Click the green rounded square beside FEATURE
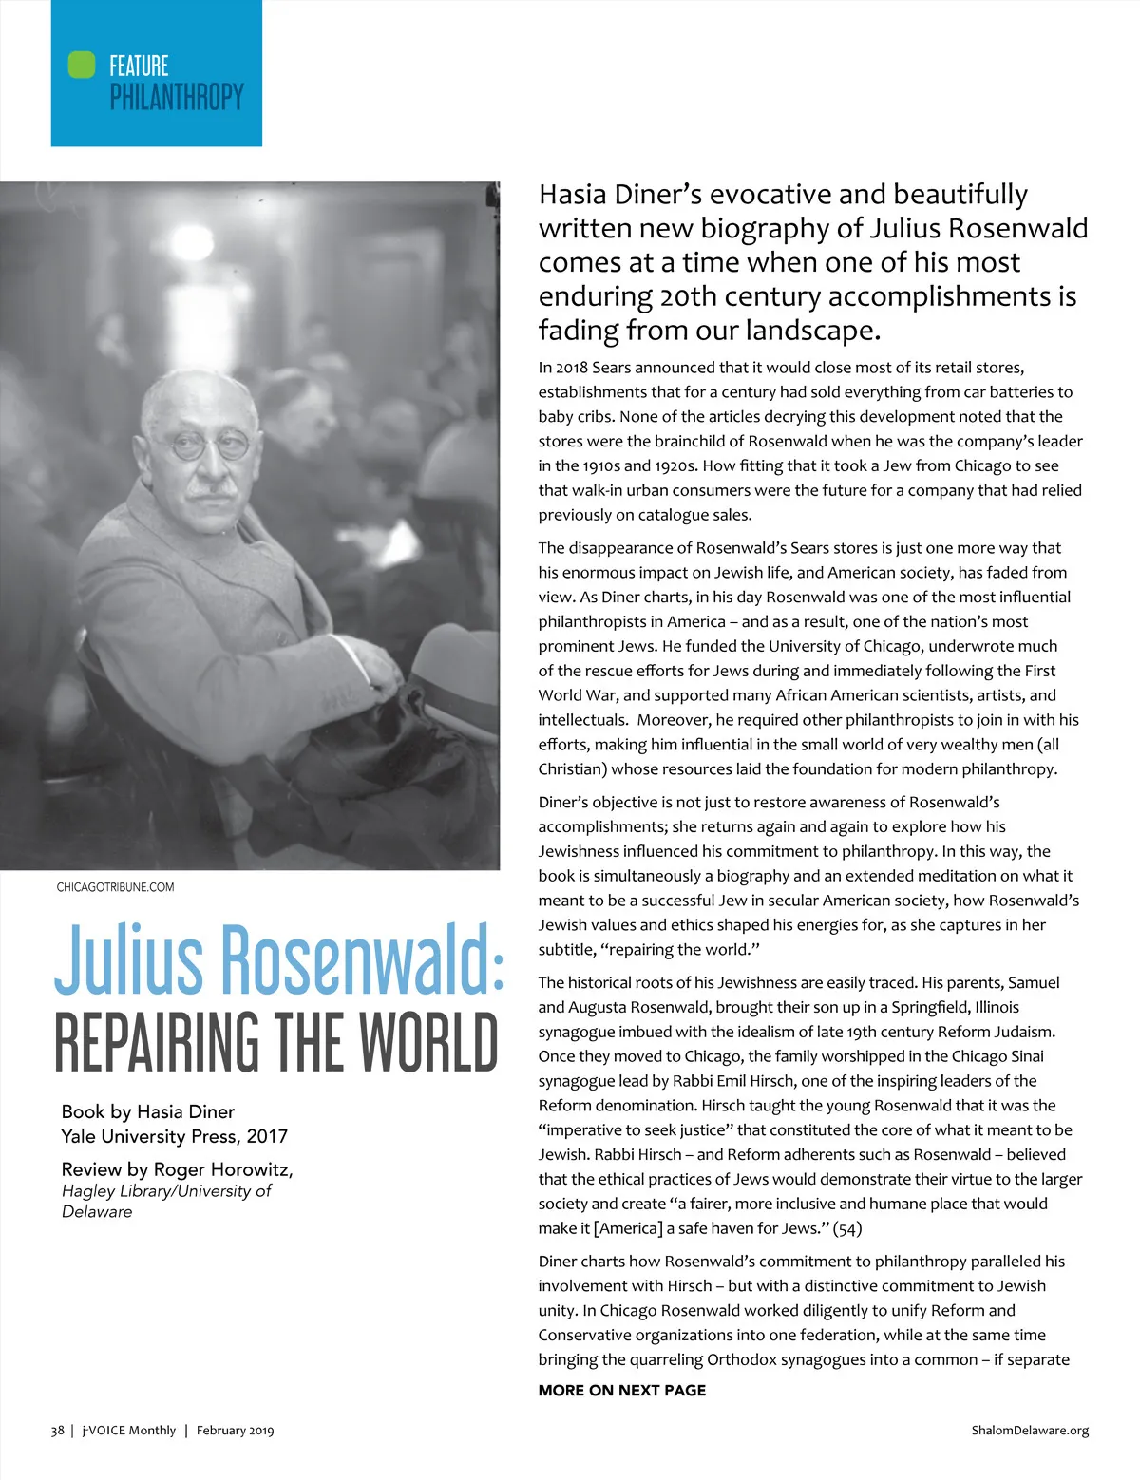click(x=82, y=65)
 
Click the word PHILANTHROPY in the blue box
click(x=177, y=97)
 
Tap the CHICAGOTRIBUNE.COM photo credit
click(x=115, y=887)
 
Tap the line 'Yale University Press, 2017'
click(x=174, y=1136)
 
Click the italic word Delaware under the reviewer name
click(x=97, y=1212)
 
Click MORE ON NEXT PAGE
click(x=621, y=1391)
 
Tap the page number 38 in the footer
click(x=57, y=1431)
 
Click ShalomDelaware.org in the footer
click(x=1030, y=1431)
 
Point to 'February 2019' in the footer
click(x=235, y=1431)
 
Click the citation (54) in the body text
click(x=847, y=1228)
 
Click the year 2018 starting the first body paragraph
click(x=571, y=368)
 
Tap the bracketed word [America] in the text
click(x=627, y=1228)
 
